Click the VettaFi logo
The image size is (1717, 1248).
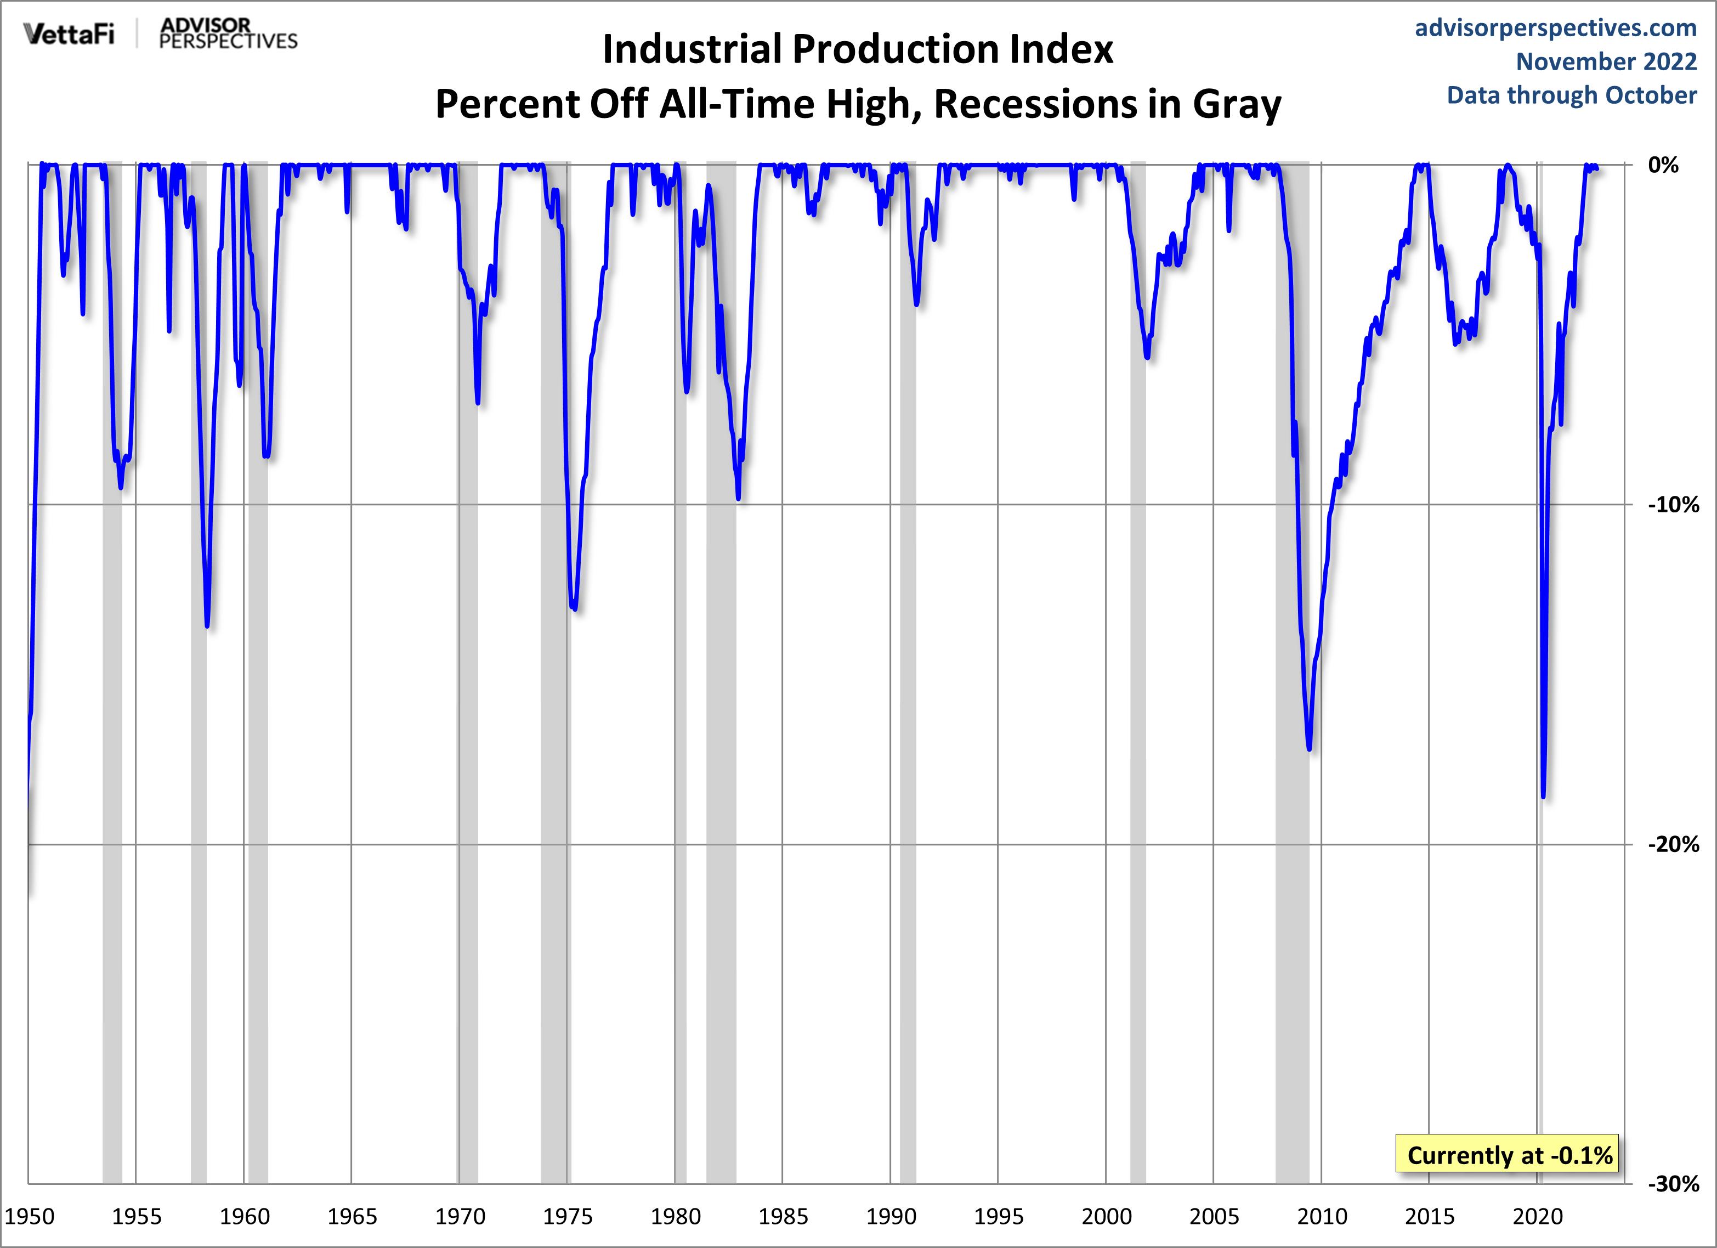tap(69, 34)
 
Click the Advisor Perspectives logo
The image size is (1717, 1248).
tap(228, 34)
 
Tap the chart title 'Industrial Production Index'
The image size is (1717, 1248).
tap(858, 49)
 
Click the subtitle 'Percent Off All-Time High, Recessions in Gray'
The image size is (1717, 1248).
tap(858, 104)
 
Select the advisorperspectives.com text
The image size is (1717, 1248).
tap(1555, 28)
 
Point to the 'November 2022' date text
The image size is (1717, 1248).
tap(1606, 61)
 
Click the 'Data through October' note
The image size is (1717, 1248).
tap(1572, 95)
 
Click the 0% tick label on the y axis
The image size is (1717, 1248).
tap(1663, 165)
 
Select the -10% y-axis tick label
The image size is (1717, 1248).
tap(1673, 505)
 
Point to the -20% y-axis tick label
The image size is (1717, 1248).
tap(1673, 844)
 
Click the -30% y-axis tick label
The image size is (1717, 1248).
tap(1673, 1184)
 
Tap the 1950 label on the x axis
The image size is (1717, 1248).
tap(30, 1217)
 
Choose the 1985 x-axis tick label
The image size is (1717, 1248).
tap(783, 1217)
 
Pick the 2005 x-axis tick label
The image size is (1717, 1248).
tap(1214, 1217)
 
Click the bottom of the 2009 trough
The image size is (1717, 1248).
tap(1309, 748)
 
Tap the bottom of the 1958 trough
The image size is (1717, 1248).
tap(207, 625)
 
